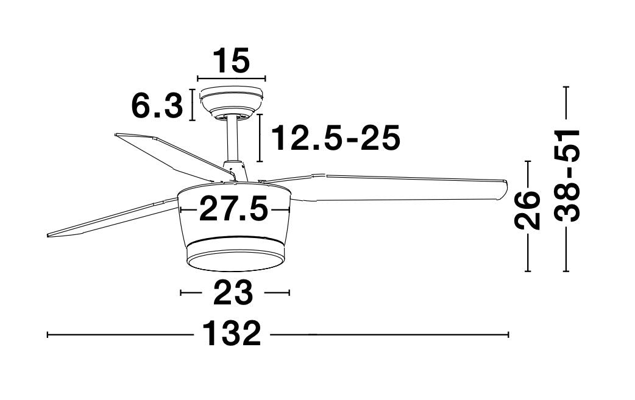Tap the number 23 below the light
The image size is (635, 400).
pos(233,293)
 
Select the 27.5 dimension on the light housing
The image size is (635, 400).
pos(233,210)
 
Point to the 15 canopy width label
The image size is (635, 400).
pos(232,61)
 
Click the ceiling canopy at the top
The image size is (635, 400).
pos(232,100)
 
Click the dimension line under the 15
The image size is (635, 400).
pos(232,79)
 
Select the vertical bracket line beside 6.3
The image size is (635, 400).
pos(193,105)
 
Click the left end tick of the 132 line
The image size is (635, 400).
pos(48,334)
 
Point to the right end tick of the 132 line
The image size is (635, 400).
pos(508,334)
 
